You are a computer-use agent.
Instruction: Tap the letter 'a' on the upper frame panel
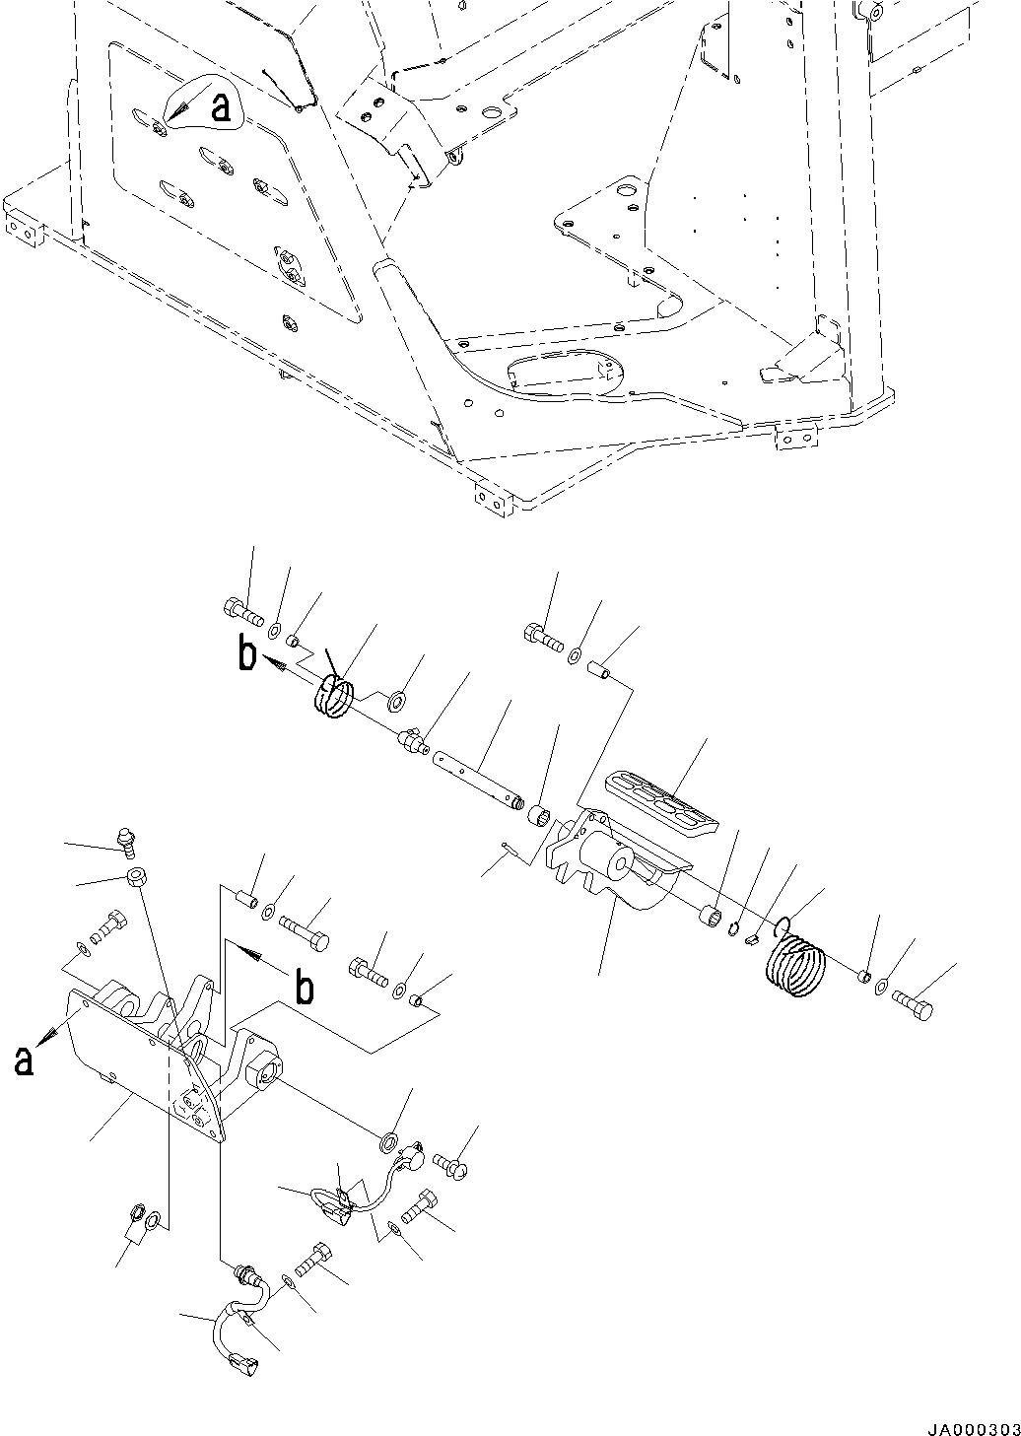[223, 107]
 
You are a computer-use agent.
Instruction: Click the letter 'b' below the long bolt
[305, 989]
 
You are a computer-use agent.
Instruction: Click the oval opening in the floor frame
[566, 376]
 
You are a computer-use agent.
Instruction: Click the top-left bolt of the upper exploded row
[243, 614]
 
